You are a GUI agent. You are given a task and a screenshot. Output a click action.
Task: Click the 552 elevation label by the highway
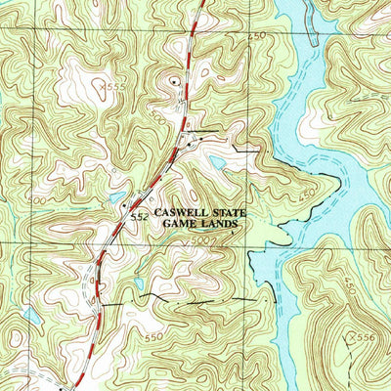[139, 216]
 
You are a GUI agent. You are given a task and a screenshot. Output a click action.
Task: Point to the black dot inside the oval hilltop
[174, 83]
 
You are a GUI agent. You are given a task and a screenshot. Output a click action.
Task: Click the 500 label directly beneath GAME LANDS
[201, 239]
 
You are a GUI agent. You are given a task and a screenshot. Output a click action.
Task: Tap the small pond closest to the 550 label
[143, 284]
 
